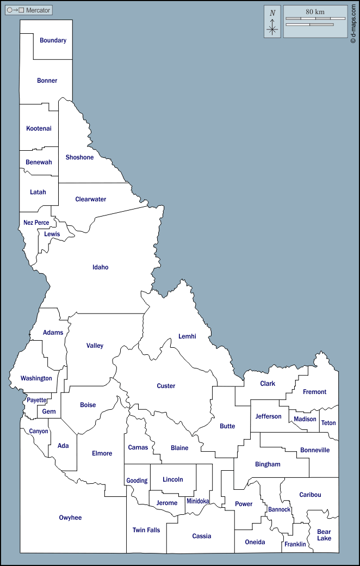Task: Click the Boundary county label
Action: (53, 40)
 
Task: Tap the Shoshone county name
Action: (79, 157)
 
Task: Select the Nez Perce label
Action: (36, 223)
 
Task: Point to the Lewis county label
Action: (52, 234)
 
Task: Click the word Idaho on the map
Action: (101, 267)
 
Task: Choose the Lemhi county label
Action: (187, 336)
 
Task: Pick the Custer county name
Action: (166, 386)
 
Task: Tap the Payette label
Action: (37, 400)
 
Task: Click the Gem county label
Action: (49, 411)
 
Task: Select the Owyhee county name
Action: (70, 518)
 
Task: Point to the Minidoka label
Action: (197, 501)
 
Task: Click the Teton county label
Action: (328, 423)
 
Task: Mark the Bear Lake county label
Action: (324, 535)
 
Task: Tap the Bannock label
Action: (279, 510)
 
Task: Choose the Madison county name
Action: (305, 419)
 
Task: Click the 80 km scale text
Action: (315, 11)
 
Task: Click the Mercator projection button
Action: (29, 10)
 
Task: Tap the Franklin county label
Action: (295, 544)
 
